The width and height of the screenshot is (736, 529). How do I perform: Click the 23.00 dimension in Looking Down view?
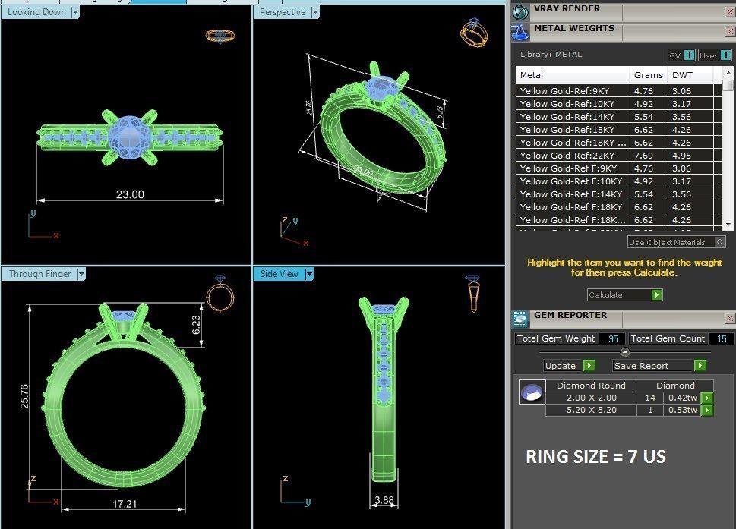(130, 194)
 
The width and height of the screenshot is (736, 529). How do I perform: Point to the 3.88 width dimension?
(384, 500)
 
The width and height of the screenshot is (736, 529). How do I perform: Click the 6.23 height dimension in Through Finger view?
(196, 326)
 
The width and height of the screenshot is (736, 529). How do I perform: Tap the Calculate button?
(624, 294)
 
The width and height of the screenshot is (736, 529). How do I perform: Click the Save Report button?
(659, 365)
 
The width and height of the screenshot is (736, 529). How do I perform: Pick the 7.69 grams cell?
(643, 156)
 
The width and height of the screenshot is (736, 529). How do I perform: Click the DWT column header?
(681, 75)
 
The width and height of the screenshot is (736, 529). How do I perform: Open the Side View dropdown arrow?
(309, 274)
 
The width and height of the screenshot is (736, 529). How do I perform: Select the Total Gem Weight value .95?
(612, 338)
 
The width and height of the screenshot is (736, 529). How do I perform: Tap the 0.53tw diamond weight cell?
(681, 410)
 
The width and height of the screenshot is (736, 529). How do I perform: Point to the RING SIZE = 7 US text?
(596, 457)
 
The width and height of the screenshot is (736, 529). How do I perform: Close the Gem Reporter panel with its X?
(730, 319)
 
